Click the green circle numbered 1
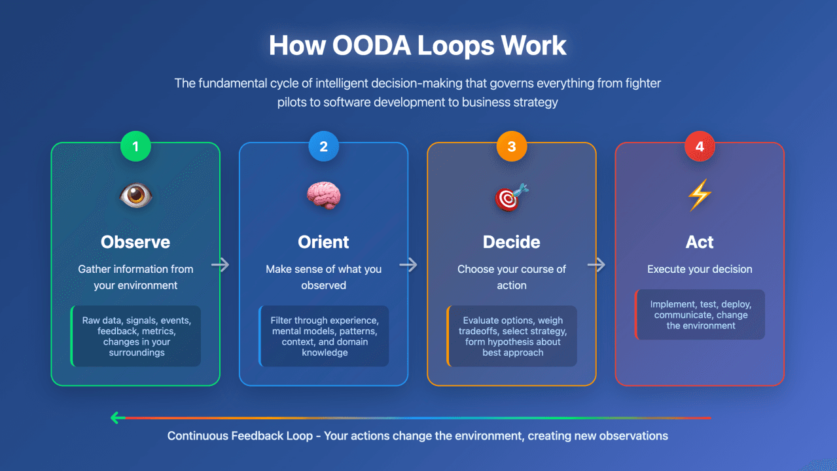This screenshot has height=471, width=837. pos(135,146)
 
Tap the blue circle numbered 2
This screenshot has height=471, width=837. pos(323,146)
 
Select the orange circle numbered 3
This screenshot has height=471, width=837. pos(512,146)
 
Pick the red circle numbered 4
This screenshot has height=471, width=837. pos(700,146)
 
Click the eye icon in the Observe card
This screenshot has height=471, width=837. pos(135,196)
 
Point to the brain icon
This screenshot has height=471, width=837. pos(323,196)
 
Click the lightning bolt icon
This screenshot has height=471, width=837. pos(700,195)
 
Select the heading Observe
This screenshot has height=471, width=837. pos(135,242)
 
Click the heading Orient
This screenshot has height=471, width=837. pos(323,242)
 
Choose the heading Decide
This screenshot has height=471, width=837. pos(512,242)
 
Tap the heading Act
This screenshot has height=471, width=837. pos(700,242)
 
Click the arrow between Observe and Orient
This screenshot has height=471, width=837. pos(221,265)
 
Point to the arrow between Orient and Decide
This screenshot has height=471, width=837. pos(408,265)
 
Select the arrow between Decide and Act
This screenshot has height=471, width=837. pos(596,265)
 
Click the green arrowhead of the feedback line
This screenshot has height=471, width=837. pos(116,417)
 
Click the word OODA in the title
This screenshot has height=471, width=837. pos(372,46)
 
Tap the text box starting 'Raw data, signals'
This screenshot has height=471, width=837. pos(135,336)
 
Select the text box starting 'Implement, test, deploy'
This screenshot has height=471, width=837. pos(700,315)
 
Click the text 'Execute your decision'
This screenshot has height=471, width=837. pos(700,269)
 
